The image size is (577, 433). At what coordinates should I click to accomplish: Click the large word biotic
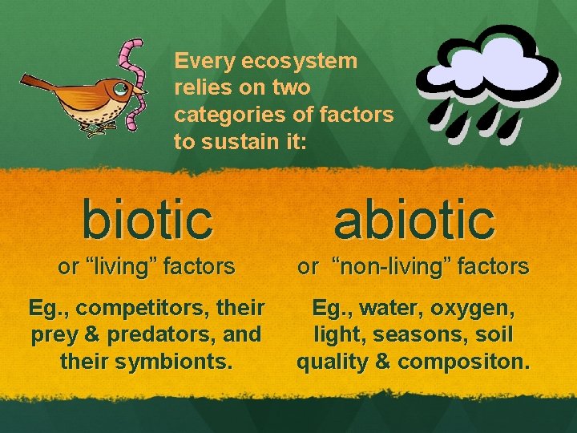coord(147,220)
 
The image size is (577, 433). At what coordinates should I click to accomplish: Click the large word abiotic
coord(414,220)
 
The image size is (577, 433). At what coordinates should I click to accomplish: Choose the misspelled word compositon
coord(463,361)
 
